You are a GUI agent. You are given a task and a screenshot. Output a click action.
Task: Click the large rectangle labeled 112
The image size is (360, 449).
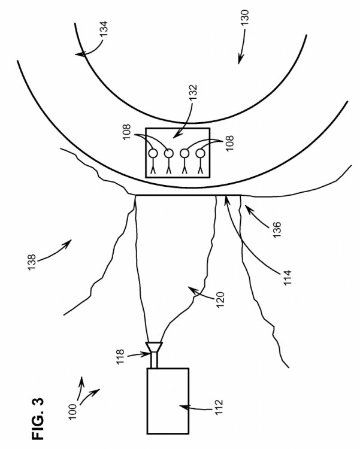click(168, 400)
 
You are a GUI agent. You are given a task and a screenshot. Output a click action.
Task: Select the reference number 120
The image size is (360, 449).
click(219, 299)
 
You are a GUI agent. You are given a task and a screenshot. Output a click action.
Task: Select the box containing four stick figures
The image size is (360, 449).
click(177, 153)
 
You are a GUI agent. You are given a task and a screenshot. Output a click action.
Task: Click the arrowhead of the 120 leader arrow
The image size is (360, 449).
click(191, 289)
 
